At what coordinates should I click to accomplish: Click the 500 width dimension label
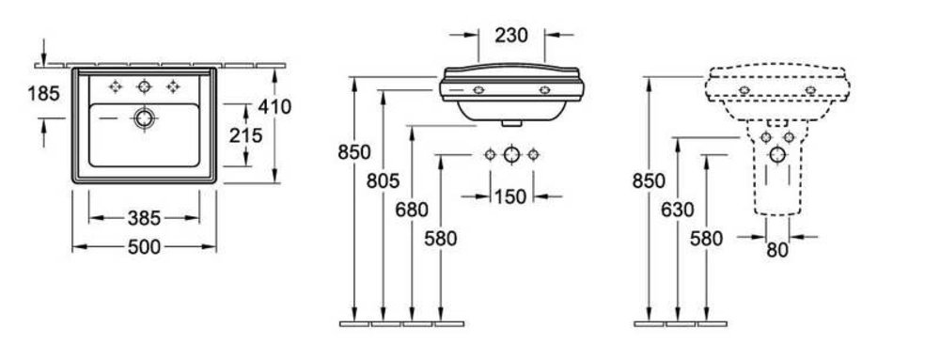(x=144, y=247)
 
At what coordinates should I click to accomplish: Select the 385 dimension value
(x=144, y=219)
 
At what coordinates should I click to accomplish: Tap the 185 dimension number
(x=44, y=93)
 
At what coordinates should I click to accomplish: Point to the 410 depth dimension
(x=274, y=106)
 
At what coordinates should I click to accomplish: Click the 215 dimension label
(x=245, y=136)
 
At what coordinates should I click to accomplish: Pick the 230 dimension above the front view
(x=511, y=36)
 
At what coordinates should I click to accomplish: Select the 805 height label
(x=384, y=180)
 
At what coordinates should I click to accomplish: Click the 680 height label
(x=412, y=210)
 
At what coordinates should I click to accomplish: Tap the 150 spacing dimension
(x=510, y=196)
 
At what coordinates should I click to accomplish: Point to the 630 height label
(x=678, y=210)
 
